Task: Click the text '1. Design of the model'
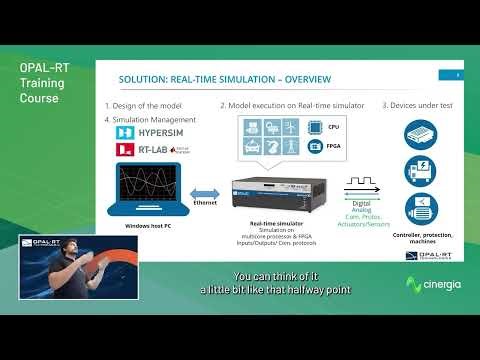(143, 105)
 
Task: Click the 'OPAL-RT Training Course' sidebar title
(39, 83)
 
